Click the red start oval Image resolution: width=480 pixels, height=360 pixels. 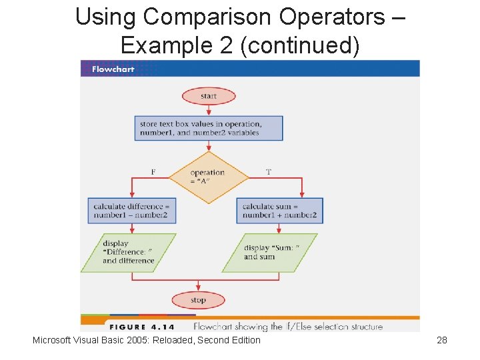(x=209, y=96)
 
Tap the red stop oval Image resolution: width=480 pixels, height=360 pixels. (x=198, y=300)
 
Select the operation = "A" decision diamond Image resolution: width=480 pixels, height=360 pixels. (x=208, y=177)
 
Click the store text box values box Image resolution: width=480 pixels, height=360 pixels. (x=209, y=128)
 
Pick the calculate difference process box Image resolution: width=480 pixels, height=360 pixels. (x=132, y=210)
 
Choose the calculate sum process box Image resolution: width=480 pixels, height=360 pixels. (x=279, y=210)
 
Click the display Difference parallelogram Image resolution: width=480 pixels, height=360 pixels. (x=128, y=252)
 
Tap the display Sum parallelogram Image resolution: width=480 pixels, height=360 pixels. (x=270, y=252)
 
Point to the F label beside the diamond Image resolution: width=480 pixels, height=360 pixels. (x=153, y=172)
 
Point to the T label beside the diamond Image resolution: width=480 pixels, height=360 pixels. (x=269, y=172)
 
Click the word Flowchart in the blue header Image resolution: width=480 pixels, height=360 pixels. (x=113, y=69)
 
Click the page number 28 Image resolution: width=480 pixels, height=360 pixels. (x=441, y=340)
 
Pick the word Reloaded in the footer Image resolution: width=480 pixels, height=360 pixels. (x=178, y=340)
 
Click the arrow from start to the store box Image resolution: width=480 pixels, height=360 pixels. (x=209, y=110)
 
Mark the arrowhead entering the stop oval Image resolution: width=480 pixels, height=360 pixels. (x=199, y=290)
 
